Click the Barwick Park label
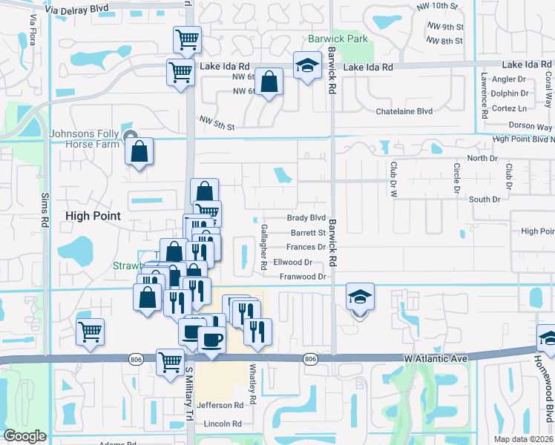[x=338, y=39]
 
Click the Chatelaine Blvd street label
[x=404, y=111]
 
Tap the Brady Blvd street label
[x=306, y=218]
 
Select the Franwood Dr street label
[x=303, y=277]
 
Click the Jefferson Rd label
[x=220, y=405]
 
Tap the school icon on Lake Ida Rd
[x=306, y=67]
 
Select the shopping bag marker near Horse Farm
[x=139, y=152]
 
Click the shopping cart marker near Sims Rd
[x=90, y=332]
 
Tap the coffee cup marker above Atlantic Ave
[x=211, y=340]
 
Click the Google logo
[x=25, y=436]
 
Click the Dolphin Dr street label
[x=509, y=93]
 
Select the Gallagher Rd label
[x=263, y=247]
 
